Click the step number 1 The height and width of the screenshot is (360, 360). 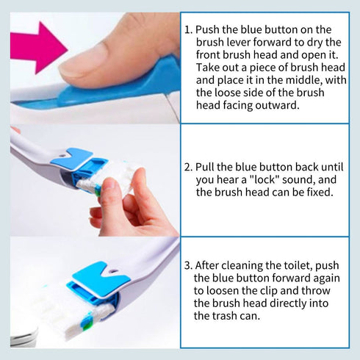[x=188, y=31]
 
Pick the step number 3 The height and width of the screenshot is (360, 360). [x=188, y=265]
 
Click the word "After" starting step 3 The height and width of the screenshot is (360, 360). [x=211, y=265]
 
